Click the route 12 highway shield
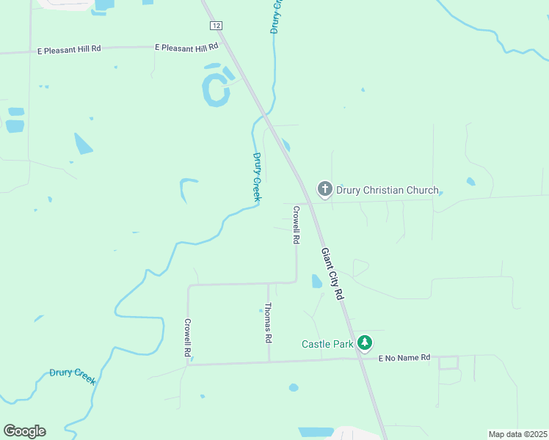(x=215, y=26)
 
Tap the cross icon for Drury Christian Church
(x=324, y=189)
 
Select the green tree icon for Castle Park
(x=365, y=342)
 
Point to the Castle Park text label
(x=328, y=343)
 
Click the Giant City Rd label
(x=332, y=273)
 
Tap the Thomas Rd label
(x=269, y=323)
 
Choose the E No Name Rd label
(x=403, y=357)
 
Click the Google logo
(x=24, y=431)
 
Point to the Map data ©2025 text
(x=517, y=434)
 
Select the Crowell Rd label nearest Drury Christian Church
(x=296, y=224)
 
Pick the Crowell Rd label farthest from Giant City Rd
(x=188, y=337)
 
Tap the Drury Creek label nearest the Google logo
(x=73, y=377)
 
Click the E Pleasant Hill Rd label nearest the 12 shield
(x=186, y=47)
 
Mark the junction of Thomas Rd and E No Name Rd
(x=269, y=361)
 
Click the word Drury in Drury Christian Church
(x=350, y=191)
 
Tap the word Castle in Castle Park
(x=316, y=343)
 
